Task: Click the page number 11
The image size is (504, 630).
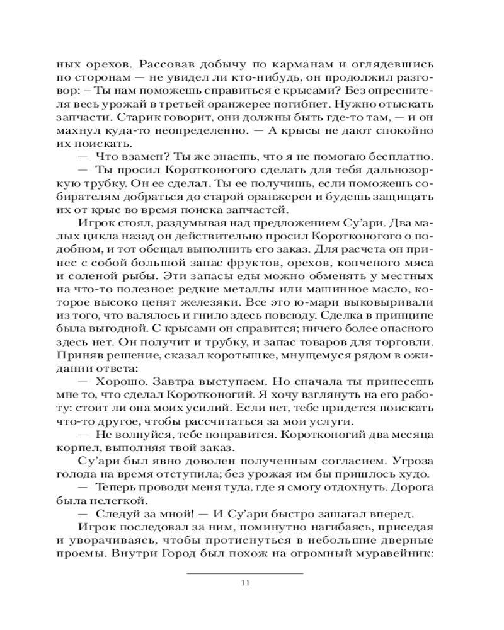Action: (246, 582)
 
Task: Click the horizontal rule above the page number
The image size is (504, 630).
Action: (246, 573)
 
